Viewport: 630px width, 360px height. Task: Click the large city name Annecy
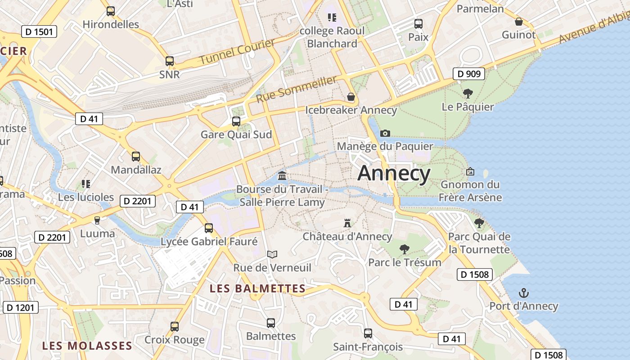click(394, 173)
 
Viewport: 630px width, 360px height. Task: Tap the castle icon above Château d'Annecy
click(347, 223)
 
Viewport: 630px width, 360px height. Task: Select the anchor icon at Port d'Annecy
click(523, 293)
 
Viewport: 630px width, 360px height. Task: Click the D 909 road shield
click(468, 74)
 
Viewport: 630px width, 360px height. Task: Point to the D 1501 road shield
click(39, 31)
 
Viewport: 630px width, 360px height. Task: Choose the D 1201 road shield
click(20, 308)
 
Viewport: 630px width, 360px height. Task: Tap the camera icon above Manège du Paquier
click(385, 133)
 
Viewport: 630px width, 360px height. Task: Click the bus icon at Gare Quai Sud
click(236, 121)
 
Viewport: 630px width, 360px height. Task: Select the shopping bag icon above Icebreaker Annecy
click(351, 97)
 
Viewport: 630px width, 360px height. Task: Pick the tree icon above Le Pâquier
click(468, 94)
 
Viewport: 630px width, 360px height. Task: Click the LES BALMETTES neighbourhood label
click(257, 288)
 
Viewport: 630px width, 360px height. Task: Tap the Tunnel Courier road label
click(237, 51)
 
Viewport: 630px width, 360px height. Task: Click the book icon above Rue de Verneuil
click(272, 254)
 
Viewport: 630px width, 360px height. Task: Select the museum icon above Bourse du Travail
click(282, 175)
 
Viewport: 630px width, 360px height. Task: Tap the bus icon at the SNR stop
click(169, 61)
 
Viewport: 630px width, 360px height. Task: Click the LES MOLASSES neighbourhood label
click(87, 346)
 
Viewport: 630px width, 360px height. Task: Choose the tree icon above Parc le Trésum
click(404, 249)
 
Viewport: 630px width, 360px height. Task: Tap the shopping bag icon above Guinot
click(518, 21)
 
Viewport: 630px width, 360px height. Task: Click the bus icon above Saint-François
click(368, 333)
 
